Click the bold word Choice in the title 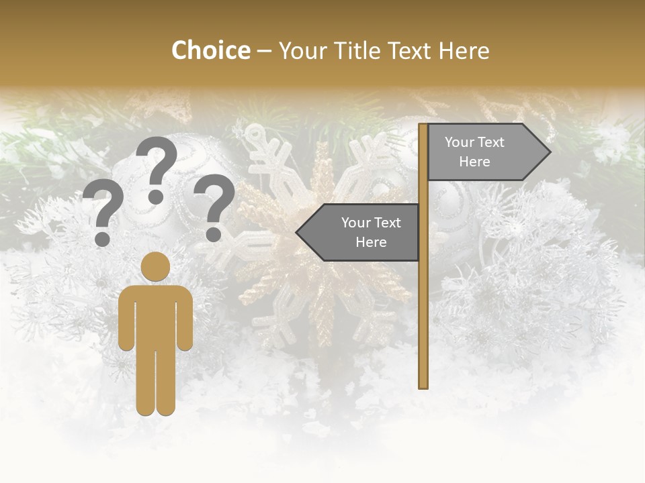210,50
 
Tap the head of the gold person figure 155,266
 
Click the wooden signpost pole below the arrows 423,322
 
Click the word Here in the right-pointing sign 474,162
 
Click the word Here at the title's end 464,50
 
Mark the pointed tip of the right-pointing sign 549,152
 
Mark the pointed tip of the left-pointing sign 298,232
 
